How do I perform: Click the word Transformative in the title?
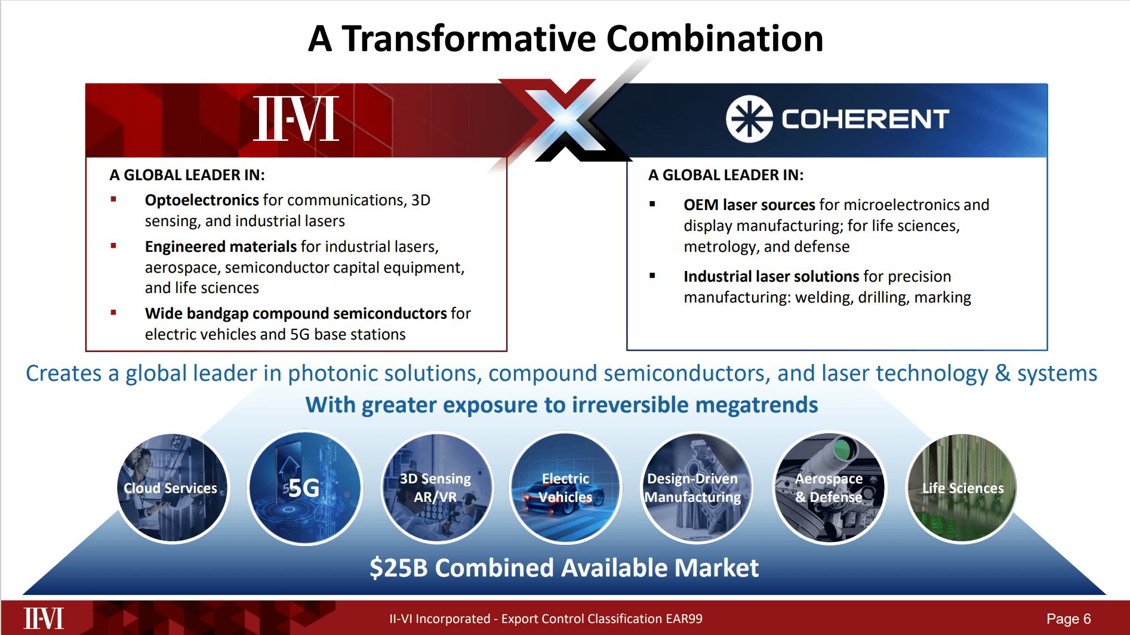click(x=469, y=39)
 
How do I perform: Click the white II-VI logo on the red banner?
click(x=296, y=119)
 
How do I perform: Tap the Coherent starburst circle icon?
click(x=749, y=119)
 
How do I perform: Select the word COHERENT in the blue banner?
click(x=865, y=119)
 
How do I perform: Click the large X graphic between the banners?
click(x=564, y=119)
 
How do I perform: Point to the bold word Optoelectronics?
click(x=201, y=200)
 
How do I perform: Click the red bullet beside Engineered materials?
click(x=113, y=246)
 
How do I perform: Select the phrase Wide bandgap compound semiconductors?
click(x=295, y=313)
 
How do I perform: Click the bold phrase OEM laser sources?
click(x=749, y=205)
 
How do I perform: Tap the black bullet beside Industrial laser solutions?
click(x=652, y=276)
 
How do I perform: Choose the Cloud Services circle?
click(x=172, y=488)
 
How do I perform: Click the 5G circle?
click(x=304, y=488)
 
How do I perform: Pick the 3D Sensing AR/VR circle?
click(x=436, y=488)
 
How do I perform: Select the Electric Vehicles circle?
click(x=565, y=488)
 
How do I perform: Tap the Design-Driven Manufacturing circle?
click(x=696, y=488)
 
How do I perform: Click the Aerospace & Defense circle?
click(x=829, y=488)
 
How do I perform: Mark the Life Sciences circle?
click(x=961, y=488)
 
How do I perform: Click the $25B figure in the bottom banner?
click(x=398, y=568)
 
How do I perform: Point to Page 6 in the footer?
click(x=1068, y=619)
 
